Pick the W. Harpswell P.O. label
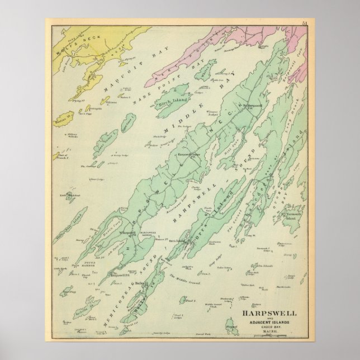(x=127, y=231)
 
